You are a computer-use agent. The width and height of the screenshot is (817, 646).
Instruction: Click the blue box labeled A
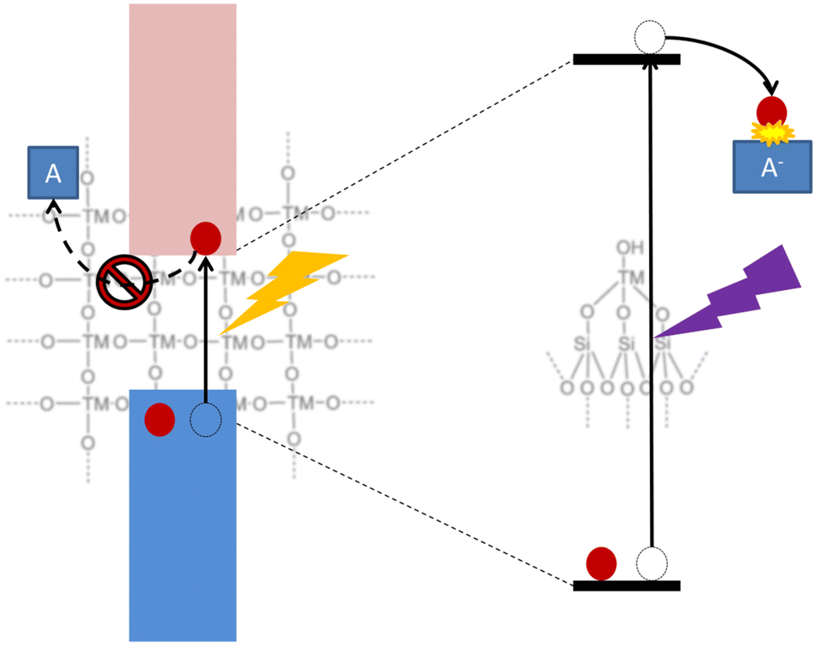click(x=52, y=173)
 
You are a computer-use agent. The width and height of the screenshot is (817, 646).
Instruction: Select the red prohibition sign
click(x=126, y=283)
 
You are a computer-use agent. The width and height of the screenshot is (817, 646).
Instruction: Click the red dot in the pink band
click(x=205, y=238)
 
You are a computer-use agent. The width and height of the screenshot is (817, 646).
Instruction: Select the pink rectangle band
click(x=182, y=127)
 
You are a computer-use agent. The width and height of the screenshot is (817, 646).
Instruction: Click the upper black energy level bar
click(x=626, y=59)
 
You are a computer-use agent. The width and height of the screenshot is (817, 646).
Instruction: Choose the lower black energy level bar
click(x=626, y=585)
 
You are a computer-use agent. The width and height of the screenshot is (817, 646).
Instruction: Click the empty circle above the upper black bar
click(x=649, y=37)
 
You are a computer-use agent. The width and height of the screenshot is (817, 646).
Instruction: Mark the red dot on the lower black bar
click(x=601, y=563)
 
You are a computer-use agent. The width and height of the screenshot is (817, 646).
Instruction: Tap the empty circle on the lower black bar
click(x=650, y=563)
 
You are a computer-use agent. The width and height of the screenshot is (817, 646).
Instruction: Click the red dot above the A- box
click(x=771, y=110)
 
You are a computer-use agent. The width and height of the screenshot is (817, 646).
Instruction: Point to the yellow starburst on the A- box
click(x=770, y=132)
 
